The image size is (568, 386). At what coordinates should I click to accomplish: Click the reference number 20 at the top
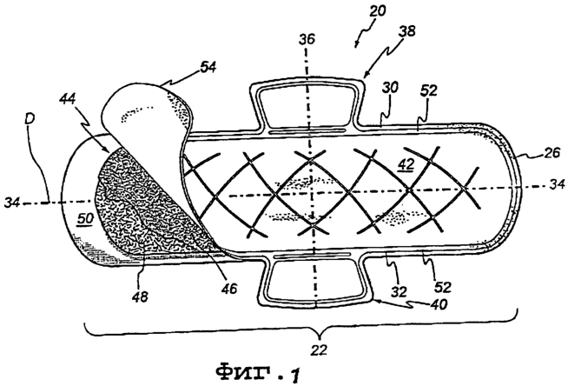point(378,11)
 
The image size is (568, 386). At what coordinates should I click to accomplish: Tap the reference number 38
point(406,31)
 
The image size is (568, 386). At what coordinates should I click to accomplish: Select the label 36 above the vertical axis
point(307,39)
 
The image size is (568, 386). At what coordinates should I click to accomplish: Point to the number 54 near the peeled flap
point(208,67)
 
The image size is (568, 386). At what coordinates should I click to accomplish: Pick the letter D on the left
point(30,119)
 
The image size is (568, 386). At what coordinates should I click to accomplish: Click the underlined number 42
point(406,165)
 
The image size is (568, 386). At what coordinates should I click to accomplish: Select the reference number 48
point(140,297)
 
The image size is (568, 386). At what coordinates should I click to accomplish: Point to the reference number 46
point(229,289)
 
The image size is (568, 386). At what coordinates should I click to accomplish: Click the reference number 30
point(390,88)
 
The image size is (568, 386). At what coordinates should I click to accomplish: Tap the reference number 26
point(551,153)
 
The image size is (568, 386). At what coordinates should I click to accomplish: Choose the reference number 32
point(399,292)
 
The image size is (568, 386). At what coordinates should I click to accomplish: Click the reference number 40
point(438,303)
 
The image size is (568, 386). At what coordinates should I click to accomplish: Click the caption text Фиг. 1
point(258,373)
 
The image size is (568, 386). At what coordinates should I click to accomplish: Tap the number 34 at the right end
point(557,184)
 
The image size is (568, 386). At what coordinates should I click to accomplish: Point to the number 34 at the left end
point(13,203)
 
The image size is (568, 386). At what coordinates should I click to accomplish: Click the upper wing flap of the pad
point(307,105)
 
